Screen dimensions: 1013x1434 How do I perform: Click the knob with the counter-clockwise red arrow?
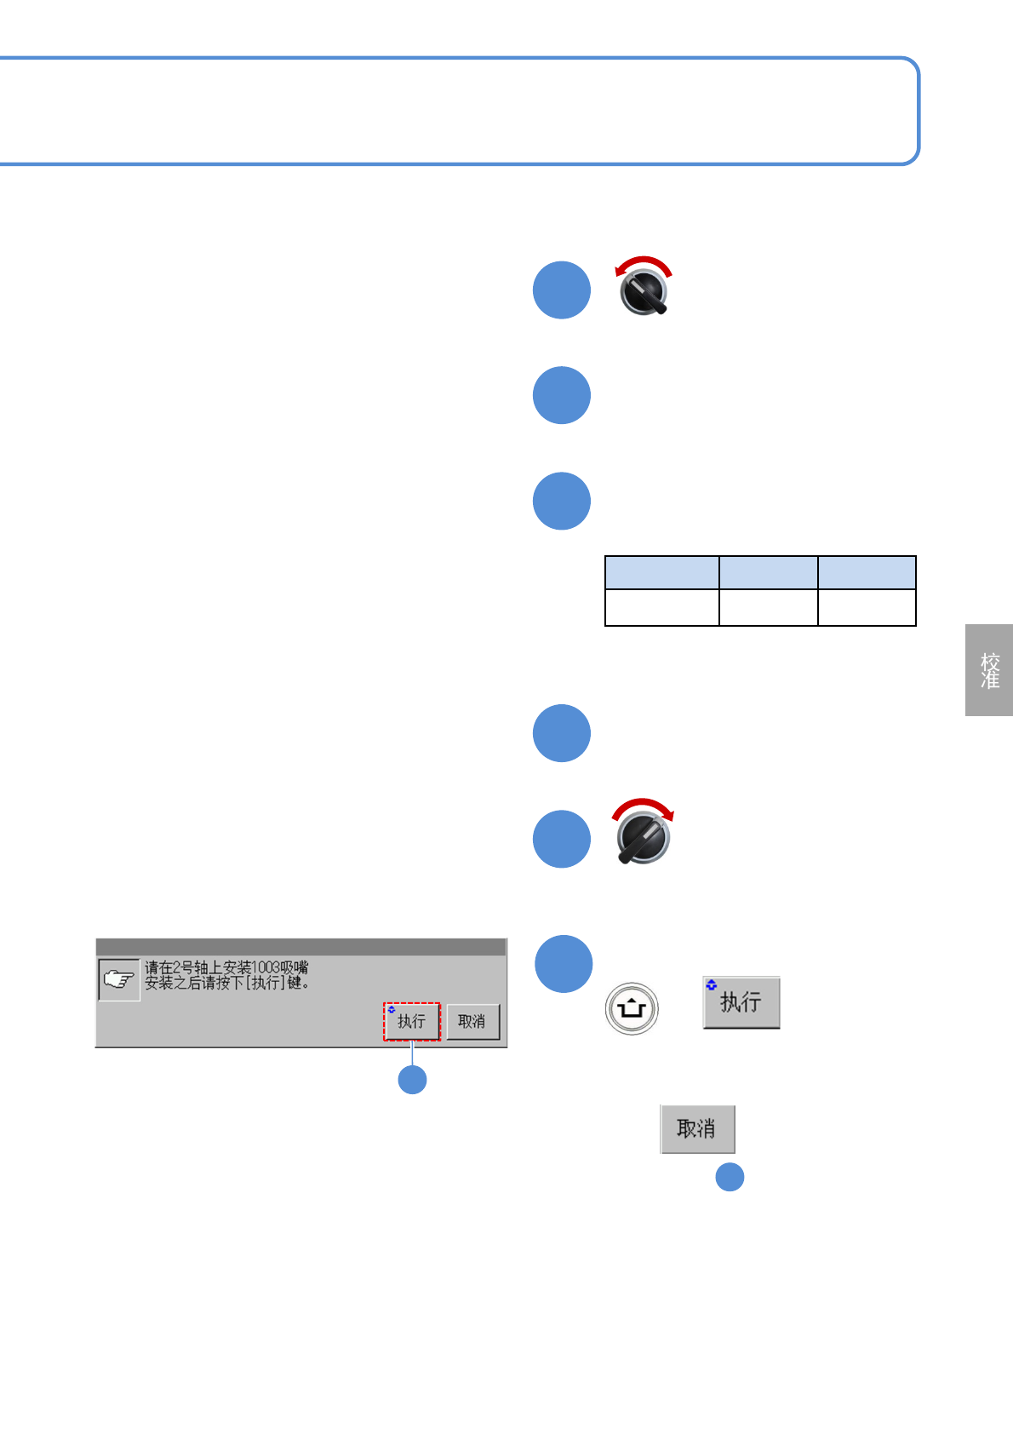point(644,292)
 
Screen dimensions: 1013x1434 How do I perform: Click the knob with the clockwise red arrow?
point(644,838)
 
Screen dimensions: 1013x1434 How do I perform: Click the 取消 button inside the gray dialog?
point(472,1021)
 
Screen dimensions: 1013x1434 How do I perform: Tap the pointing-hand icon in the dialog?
point(119,979)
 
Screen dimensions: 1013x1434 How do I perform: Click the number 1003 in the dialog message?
point(266,968)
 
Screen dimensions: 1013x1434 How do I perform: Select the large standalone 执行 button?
point(741,1002)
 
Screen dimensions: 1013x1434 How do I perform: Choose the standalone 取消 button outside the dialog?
point(697,1129)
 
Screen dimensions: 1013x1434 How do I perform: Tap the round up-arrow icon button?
point(632,1008)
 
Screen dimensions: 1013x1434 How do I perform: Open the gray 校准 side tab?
point(989,670)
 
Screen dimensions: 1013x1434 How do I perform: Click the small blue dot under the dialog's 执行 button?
point(413,1080)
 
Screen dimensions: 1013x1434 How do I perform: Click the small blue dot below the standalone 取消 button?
point(730,1177)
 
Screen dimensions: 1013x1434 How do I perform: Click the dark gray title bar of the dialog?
point(300,947)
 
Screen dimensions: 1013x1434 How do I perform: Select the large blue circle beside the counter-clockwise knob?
point(562,290)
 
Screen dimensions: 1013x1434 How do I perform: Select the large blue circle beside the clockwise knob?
point(562,839)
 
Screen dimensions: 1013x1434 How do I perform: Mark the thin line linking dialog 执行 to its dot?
point(413,1053)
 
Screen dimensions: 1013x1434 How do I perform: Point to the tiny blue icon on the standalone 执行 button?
point(712,984)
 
